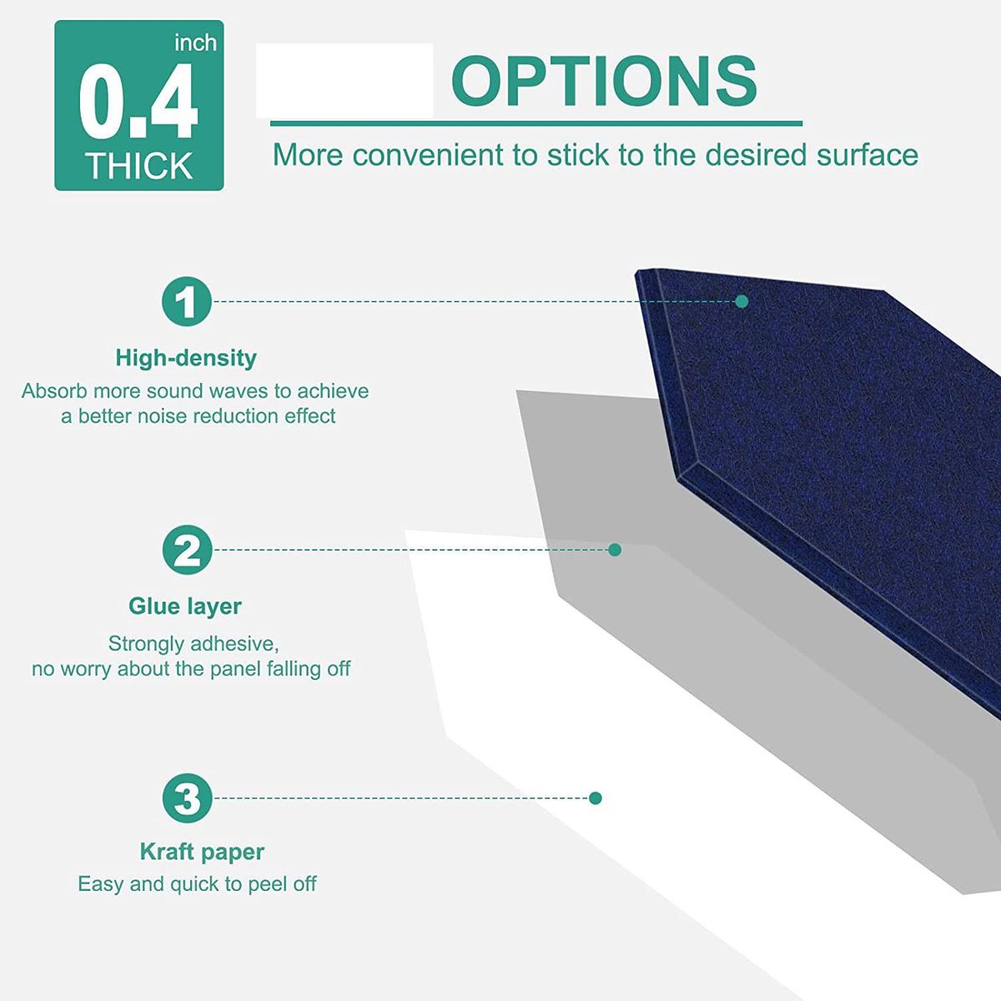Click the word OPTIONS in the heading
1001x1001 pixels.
[604, 81]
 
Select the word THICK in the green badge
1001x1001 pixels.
[139, 166]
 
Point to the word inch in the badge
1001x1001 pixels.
[195, 43]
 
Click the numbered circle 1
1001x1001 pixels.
[187, 301]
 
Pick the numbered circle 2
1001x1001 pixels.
[187, 550]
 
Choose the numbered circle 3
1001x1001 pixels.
[187, 798]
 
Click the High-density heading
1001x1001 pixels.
[186, 359]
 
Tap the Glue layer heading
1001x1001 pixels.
[185, 606]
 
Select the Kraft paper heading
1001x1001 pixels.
[202, 853]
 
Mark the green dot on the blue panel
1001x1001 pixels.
[742, 301]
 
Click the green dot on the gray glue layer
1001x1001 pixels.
[615, 550]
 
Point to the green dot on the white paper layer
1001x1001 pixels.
[596, 798]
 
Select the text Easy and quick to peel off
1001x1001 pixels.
[197, 883]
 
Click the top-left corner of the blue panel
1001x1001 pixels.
[636, 270]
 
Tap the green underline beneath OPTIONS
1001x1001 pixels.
[536, 123]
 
